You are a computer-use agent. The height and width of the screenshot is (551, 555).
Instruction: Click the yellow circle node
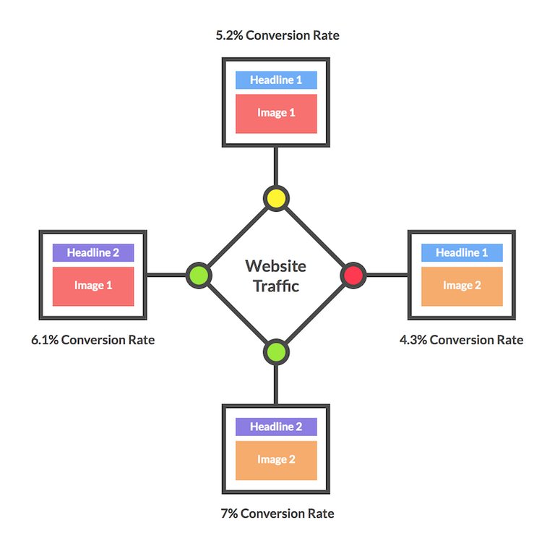point(275,197)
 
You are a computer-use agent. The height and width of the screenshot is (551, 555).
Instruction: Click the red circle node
point(353,275)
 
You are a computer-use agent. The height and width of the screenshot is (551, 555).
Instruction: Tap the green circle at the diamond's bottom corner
point(275,352)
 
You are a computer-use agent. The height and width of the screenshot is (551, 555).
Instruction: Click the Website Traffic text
point(275,275)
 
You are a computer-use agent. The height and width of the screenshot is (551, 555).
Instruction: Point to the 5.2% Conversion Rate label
point(277,35)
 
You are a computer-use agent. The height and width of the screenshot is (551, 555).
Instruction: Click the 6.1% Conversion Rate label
point(92,340)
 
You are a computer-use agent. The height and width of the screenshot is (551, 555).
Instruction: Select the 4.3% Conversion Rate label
point(461,340)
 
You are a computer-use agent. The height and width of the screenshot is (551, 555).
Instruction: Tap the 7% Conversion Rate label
point(277,513)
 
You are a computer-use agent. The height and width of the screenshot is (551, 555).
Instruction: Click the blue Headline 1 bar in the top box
point(276,80)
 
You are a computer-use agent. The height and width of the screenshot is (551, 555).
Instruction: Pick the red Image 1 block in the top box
point(276,113)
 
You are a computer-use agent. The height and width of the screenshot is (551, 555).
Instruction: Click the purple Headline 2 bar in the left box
point(92,253)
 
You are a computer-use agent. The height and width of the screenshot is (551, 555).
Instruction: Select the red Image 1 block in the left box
point(92,286)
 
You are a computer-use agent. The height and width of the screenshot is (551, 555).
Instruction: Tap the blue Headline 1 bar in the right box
point(461,253)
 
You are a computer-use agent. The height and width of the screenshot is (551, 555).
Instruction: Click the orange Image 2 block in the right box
point(461,286)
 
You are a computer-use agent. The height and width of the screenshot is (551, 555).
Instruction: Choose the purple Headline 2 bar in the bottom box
point(276,427)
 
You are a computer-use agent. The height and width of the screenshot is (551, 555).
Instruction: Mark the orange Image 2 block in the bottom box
point(276,460)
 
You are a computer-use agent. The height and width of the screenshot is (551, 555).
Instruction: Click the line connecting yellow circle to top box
point(275,166)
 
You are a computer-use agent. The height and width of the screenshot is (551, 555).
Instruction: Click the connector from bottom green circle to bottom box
point(275,383)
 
